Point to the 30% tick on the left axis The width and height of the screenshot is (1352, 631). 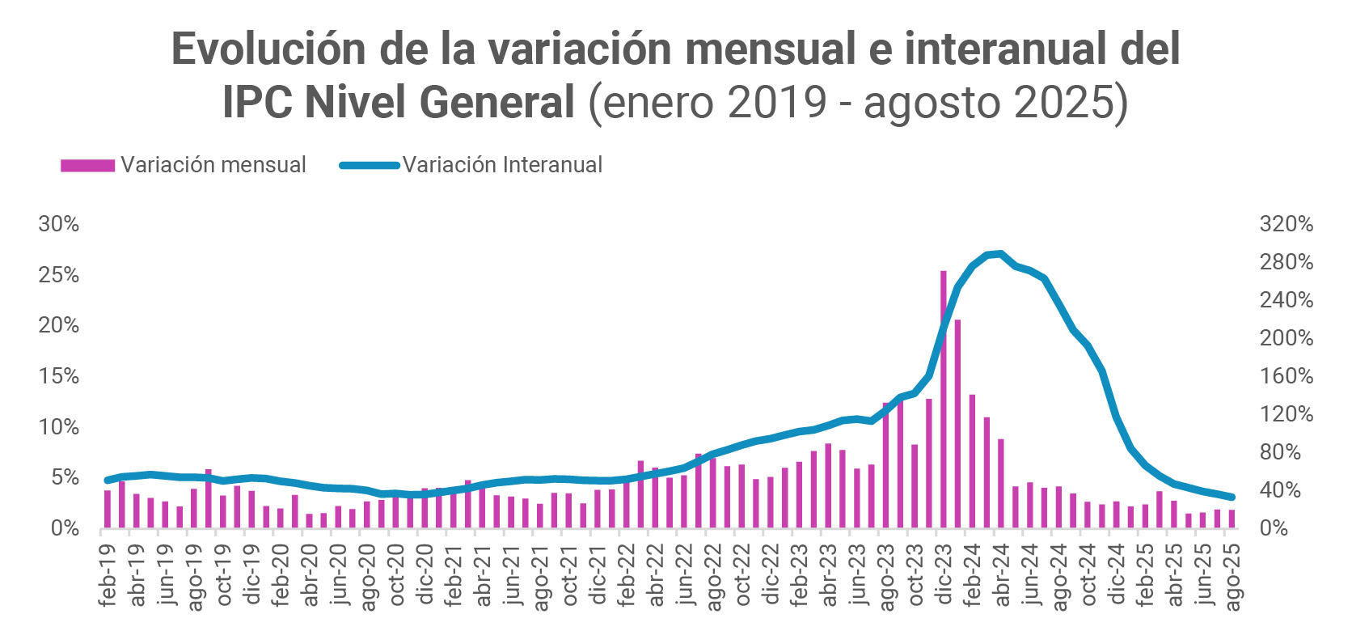point(59,224)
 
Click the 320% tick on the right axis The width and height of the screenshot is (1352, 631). point(1286,224)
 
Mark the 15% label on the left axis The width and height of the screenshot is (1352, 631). point(59,376)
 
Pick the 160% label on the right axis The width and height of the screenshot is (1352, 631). point(1286,376)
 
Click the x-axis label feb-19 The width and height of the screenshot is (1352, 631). point(108,575)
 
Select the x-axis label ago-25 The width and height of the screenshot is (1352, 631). point(1232,576)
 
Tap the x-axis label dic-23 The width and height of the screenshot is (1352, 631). point(944,575)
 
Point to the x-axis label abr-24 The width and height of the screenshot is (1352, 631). point(1002,575)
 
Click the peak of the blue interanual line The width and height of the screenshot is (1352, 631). point(1001,254)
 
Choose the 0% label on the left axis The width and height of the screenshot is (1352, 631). point(65,528)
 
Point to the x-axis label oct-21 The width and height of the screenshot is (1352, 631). point(569,575)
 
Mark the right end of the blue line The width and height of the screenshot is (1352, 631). point(1232,498)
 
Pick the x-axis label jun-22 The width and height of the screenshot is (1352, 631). point(684,575)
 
